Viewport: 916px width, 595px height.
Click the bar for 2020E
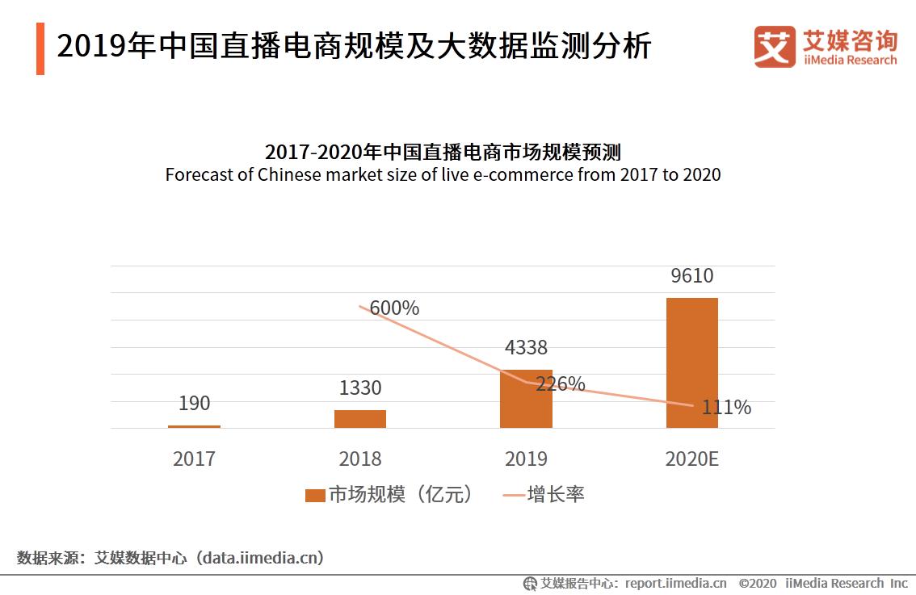click(x=691, y=362)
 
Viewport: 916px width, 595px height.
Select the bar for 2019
click(x=526, y=399)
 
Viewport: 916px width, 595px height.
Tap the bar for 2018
click(x=360, y=418)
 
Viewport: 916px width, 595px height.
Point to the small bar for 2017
click(x=194, y=426)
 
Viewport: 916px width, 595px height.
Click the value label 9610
click(x=691, y=276)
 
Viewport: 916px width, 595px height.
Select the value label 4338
click(x=526, y=348)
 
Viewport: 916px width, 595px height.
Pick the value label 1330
click(x=360, y=388)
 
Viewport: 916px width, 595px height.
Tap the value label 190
click(x=194, y=403)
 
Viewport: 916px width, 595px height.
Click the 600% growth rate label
click(x=395, y=308)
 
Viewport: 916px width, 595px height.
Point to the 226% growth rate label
click(x=561, y=383)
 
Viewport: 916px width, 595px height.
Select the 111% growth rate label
click(x=725, y=408)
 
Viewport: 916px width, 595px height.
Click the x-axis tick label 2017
click(x=194, y=459)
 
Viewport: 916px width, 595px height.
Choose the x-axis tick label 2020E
click(x=691, y=459)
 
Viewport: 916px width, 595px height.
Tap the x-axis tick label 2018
click(x=360, y=459)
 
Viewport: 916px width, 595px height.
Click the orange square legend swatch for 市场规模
click(x=314, y=495)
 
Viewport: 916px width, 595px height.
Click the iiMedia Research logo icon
click(x=774, y=47)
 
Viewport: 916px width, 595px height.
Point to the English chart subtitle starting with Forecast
click(x=443, y=174)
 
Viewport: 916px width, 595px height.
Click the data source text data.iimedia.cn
click(x=263, y=558)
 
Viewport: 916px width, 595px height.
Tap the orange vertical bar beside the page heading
click(x=40, y=48)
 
